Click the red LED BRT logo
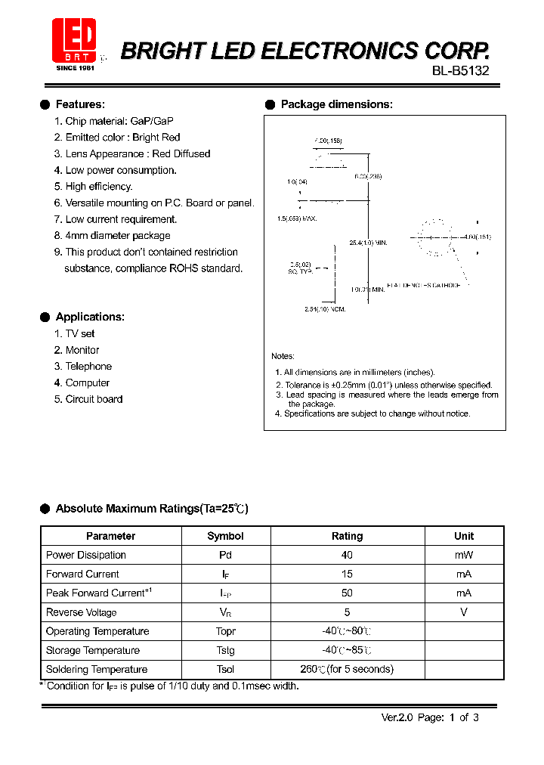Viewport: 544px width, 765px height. click(74, 42)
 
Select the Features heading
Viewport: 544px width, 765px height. click(80, 104)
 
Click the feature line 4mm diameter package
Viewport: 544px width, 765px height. click(117, 236)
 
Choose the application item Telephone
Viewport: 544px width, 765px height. click(88, 367)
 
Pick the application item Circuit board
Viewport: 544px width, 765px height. click(94, 399)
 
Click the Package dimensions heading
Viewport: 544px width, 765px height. click(336, 104)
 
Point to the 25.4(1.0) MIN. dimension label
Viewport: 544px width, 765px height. click(368, 243)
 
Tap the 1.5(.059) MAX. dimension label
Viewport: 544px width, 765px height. click(296, 218)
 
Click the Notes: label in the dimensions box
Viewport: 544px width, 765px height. click(283, 356)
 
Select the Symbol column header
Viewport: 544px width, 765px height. click(225, 536)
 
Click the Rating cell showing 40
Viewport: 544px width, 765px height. click(347, 555)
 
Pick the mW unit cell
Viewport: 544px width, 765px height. click(464, 555)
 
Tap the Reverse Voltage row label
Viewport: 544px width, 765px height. click(82, 612)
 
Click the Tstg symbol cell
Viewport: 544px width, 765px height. click(225, 650)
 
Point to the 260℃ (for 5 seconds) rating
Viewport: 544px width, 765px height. click(347, 669)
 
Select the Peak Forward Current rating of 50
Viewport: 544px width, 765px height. click(347, 593)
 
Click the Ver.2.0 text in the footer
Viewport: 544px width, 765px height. click(396, 717)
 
